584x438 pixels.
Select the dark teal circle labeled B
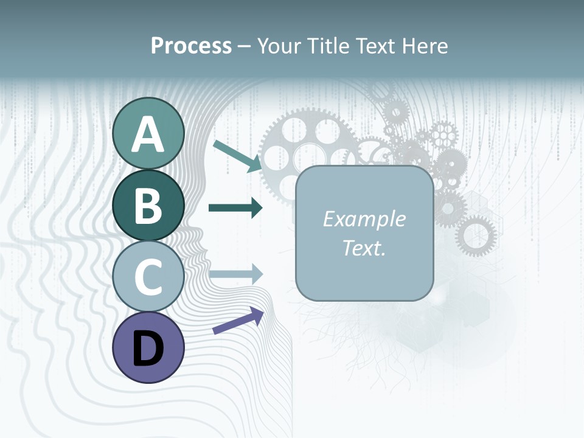coord(148,205)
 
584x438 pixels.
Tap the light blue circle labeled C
coord(148,277)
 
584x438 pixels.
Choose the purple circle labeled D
coord(148,347)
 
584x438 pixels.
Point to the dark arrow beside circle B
coord(235,208)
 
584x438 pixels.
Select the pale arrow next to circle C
coord(235,274)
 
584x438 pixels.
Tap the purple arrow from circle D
coord(238,321)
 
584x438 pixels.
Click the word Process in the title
coord(191,46)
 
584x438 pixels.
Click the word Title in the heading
coord(327,46)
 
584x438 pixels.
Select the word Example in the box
coord(364,219)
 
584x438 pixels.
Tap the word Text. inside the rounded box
coord(364,248)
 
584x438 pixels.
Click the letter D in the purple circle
coord(148,349)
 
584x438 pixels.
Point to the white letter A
coord(148,134)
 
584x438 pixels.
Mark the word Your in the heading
coord(279,46)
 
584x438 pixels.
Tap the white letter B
coord(148,206)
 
